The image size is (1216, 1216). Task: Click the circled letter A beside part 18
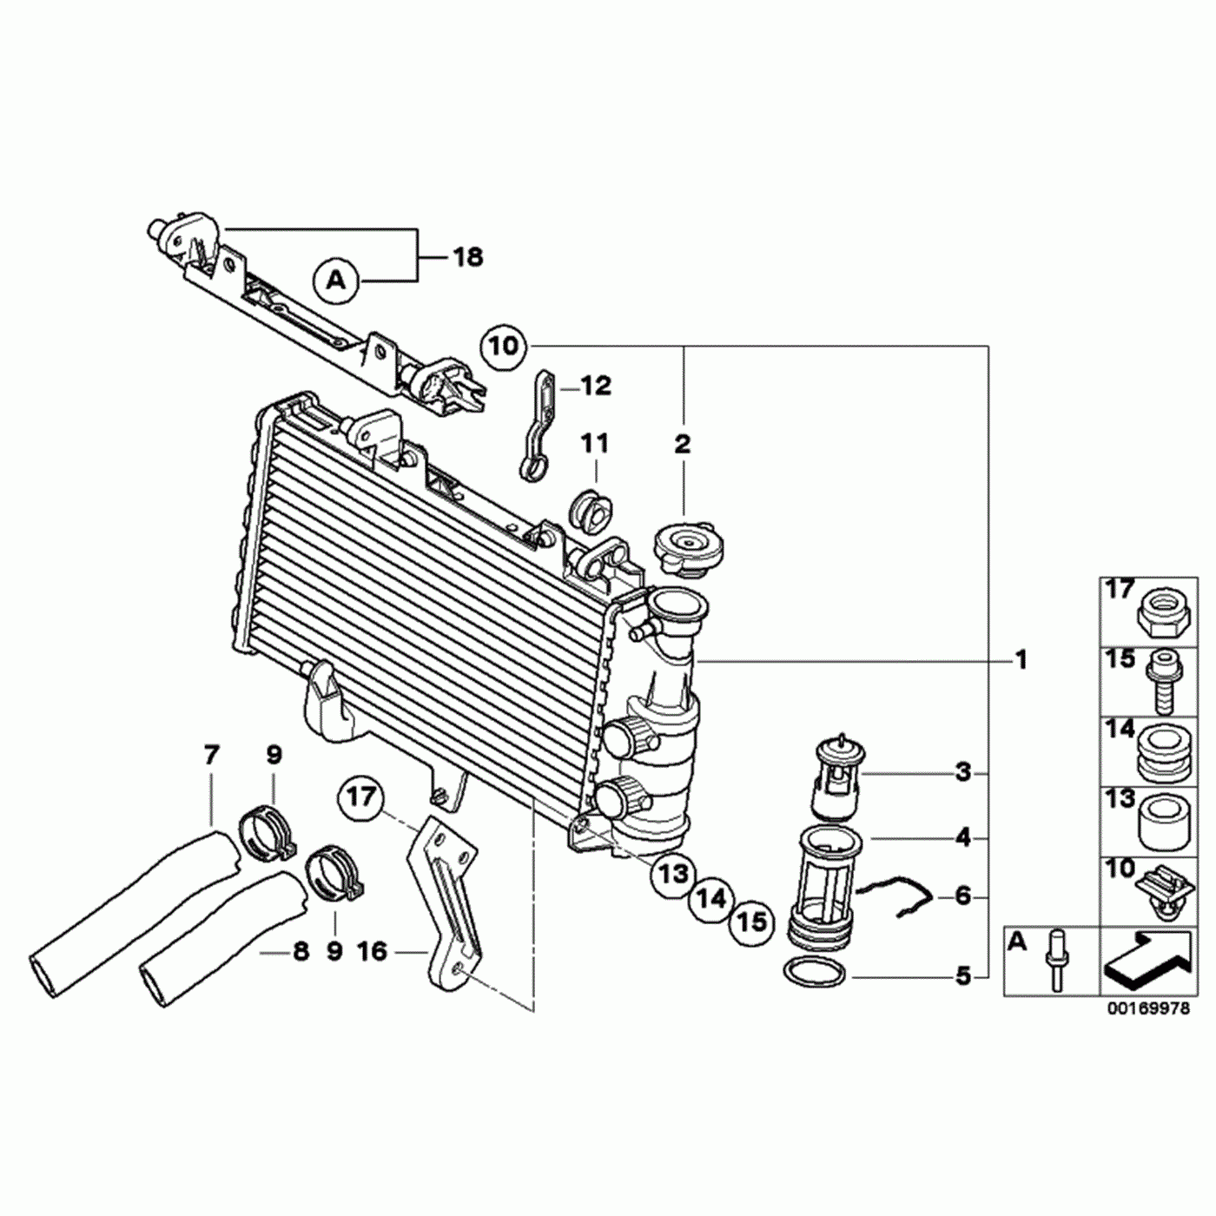coord(336,280)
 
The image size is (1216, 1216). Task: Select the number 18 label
coord(468,257)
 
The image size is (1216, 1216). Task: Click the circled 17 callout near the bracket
coord(360,798)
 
